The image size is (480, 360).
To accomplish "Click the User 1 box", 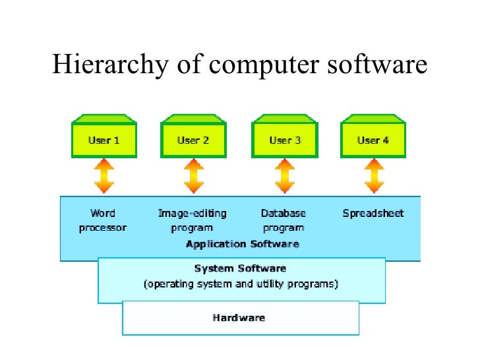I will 104,140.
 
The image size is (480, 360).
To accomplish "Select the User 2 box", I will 193,140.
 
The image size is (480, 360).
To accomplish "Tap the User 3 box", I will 284,140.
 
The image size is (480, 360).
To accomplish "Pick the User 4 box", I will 373,140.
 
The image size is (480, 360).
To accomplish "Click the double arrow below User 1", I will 104,176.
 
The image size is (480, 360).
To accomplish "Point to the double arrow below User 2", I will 193,176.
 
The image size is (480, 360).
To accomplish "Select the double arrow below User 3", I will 284,176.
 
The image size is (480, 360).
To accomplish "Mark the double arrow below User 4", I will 374,176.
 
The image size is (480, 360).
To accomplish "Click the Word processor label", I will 102,220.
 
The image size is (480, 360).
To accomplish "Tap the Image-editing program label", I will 192,220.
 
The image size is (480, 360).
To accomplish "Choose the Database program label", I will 284,220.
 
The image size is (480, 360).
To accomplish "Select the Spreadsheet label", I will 373,213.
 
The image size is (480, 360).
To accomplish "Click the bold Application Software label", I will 242,244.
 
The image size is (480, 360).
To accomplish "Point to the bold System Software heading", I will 240,268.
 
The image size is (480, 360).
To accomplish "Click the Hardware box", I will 240,318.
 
